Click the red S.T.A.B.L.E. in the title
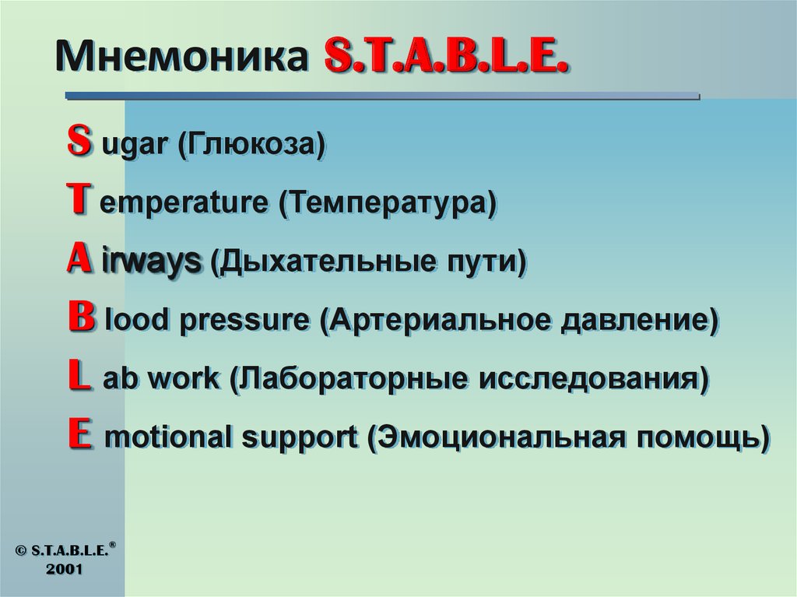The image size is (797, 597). [x=444, y=58]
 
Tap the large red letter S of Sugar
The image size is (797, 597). [x=77, y=142]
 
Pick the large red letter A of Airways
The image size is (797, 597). [x=77, y=259]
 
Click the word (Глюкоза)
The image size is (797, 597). [x=251, y=146]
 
